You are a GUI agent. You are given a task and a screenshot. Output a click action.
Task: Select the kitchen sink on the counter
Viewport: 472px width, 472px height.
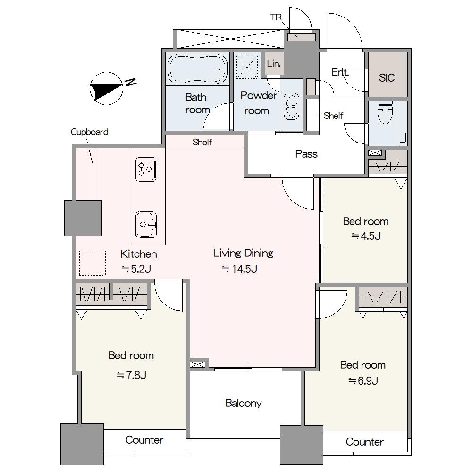(146, 224)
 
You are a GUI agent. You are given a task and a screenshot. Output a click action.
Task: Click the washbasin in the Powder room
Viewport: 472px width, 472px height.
(292, 106)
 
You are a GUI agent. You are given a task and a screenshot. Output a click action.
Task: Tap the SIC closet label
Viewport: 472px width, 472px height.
(387, 78)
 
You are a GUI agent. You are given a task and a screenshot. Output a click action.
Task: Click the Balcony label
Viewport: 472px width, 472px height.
(244, 403)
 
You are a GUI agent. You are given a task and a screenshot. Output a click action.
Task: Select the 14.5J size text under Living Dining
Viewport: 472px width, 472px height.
(239, 269)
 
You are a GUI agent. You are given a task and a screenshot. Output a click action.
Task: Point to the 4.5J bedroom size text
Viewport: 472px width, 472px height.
(366, 236)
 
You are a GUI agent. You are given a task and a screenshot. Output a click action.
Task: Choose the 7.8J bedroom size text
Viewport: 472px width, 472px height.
(132, 375)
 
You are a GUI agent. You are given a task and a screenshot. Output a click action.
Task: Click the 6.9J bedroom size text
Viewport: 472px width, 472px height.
(363, 381)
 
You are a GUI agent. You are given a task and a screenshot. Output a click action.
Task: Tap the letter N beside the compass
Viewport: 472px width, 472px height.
(131, 82)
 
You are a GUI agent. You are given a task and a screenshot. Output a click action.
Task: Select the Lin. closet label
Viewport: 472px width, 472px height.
(274, 63)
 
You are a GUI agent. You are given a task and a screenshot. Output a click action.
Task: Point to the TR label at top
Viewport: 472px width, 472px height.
(276, 17)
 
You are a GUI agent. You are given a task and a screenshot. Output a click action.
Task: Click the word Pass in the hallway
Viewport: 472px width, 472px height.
(306, 154)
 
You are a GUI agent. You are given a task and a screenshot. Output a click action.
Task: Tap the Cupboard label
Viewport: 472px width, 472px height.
(89, 132)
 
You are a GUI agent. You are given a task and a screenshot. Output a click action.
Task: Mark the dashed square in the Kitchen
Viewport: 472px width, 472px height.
(93, 263)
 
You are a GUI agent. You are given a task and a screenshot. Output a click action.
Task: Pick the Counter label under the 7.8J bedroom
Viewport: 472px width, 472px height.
(144, 440)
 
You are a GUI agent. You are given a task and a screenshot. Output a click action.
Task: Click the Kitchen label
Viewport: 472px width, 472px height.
(139, 254)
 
